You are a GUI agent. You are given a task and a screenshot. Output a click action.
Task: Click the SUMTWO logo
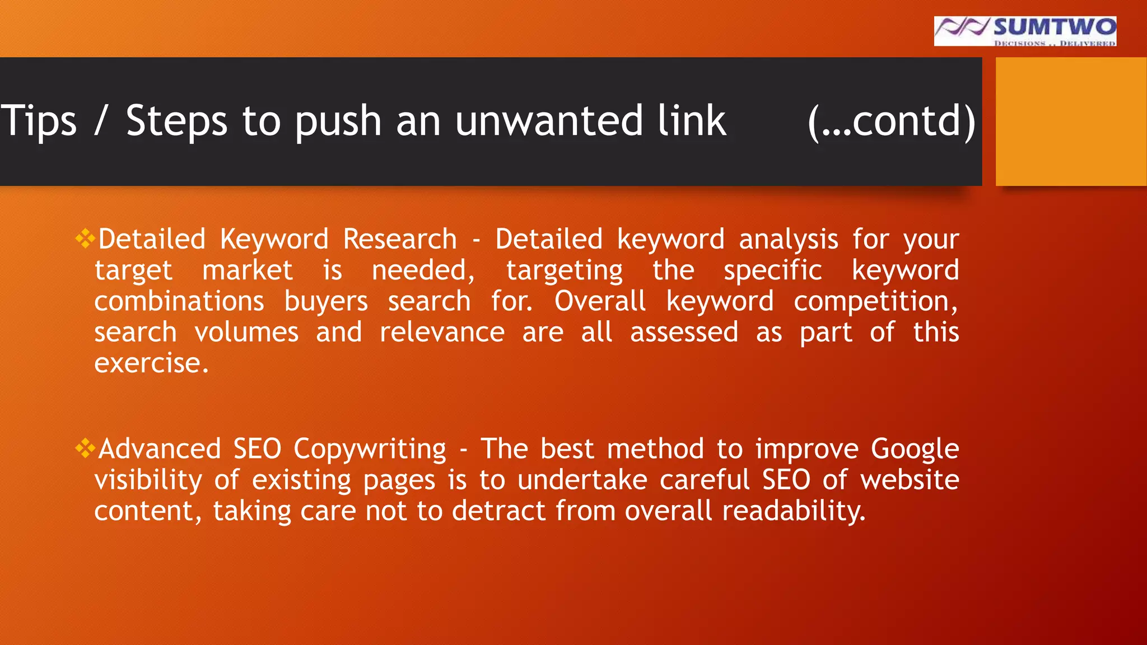(1025, 31)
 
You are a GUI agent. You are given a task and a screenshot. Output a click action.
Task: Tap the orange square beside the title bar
(1071, 121)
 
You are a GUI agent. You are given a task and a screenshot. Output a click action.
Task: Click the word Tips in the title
(38, 121)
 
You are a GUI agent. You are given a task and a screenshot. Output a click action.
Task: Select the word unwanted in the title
(549, 121)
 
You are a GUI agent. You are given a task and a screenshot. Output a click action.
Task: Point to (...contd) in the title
(892, 121)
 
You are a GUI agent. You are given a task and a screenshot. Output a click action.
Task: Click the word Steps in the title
(176, 121)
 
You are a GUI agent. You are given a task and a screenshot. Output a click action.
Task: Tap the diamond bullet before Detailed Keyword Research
(85, 239)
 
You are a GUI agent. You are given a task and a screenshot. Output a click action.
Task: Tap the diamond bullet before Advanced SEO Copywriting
(85, 448)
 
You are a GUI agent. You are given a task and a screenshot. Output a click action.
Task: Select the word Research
(400, 240)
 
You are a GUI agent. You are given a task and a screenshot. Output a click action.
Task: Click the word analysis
(788, 240)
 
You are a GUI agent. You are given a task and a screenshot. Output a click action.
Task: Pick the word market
(247, 271)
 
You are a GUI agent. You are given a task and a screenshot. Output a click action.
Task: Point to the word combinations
(179, 302)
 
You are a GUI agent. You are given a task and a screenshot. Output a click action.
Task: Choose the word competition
(875, 302)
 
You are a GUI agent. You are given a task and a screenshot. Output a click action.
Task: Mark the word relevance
(442, 333)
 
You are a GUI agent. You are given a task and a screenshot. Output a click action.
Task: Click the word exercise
(151, 363)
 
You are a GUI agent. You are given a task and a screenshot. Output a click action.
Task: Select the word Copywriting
(370, 450)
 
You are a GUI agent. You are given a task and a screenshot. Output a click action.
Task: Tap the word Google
(915, 450)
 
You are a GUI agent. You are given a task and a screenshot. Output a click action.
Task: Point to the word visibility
(148, 481)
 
